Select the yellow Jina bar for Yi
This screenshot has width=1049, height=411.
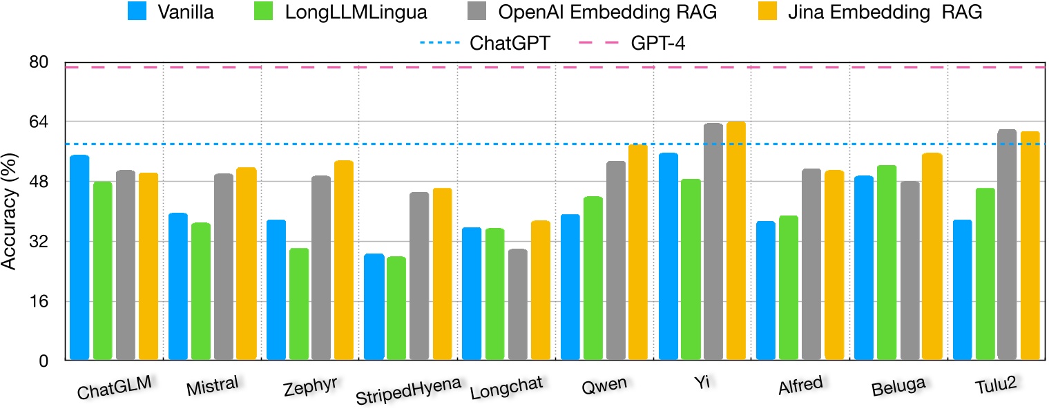coord(735,240)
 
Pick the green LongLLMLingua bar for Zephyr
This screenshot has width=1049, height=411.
coord(299,304)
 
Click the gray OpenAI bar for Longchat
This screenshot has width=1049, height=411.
coord(517,305)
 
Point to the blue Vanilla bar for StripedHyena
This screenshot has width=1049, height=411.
coord(374,307)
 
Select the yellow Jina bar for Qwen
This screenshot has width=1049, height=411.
coord(637,252)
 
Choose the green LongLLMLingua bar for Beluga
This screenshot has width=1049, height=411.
coord(886,262)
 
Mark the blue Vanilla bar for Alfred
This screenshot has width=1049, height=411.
coord(766,291)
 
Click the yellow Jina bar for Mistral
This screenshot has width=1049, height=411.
coord(247,264)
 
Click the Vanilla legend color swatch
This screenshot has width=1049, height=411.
coord(139,12)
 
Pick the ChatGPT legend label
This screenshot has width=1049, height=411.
coord(510,43)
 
